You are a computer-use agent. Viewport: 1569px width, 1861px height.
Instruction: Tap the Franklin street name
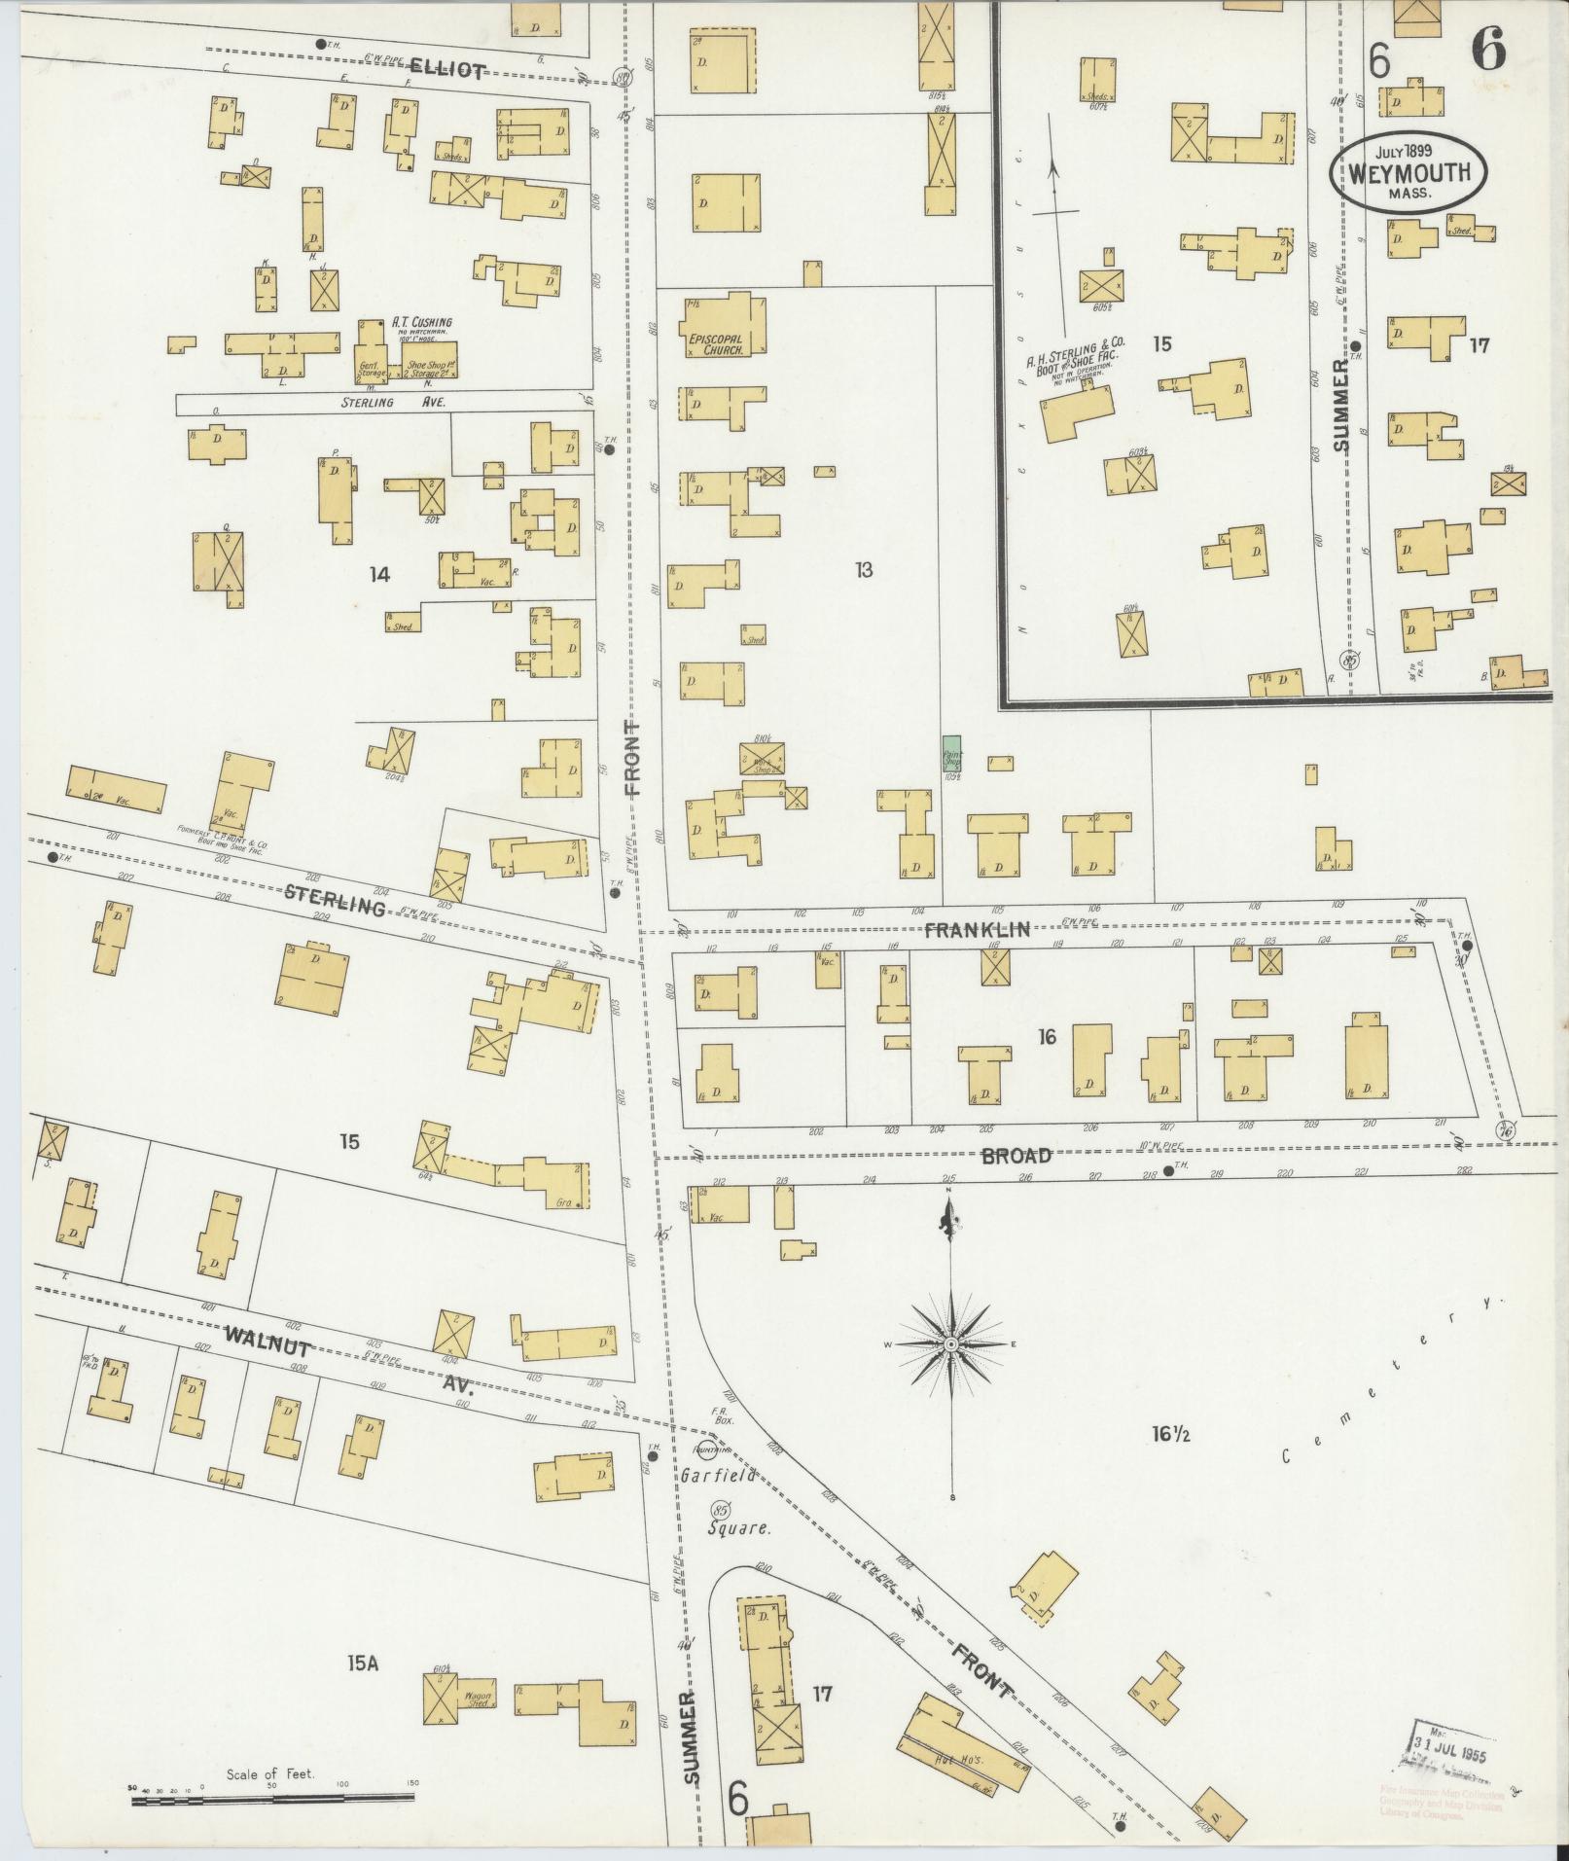tap(976, 930)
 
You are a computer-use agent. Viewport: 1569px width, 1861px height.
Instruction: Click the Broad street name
tap(1016, 1156)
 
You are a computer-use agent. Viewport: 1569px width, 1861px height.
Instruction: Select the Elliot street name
tap(446, 68)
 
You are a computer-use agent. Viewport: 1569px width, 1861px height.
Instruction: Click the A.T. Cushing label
tap(422, 322)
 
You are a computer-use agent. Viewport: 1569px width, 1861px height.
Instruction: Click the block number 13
tap(863, 570)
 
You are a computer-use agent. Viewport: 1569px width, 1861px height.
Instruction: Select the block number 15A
tap(361, 1664)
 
